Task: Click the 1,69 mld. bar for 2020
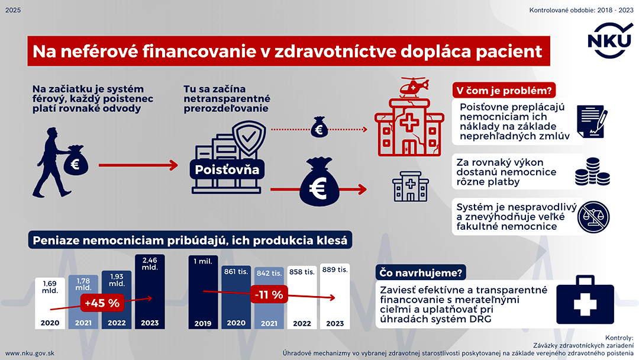(49, 303)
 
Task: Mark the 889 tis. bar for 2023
(335, 296)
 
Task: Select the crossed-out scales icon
(594, 216)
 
